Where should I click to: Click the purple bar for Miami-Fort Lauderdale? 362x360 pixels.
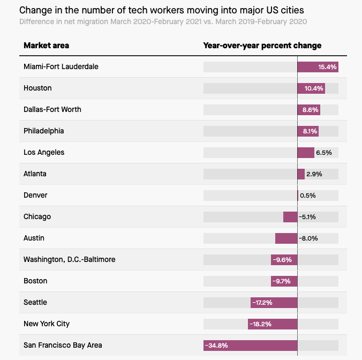click(318, 67)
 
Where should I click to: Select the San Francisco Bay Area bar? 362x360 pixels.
click(250, 346)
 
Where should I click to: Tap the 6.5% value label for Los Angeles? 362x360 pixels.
click(324, 153)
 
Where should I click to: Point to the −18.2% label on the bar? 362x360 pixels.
click(261, 324)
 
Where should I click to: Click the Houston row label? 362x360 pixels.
click(37, 88)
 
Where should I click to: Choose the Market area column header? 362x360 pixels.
click(46, 46)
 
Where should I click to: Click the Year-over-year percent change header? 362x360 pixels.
click(262, 46)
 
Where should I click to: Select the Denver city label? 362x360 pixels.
click(35, 195)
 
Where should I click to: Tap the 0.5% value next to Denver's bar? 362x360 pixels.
click(308, 196)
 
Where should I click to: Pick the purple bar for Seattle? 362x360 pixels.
click(274, 303)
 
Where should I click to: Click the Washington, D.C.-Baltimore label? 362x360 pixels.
click(69, 259)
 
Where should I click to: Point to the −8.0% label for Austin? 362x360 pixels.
click(308, 238)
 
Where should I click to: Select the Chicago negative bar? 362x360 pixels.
click(290, 217)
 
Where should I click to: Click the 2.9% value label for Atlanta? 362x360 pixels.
click(314, 174)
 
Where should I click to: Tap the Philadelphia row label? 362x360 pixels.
click(43, 131)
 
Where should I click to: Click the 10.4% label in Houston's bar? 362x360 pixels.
click(314, 88)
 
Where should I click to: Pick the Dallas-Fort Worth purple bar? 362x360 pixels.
click(309, 110)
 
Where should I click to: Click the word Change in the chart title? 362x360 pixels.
click(34, 10)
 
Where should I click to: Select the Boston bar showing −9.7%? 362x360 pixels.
click(284, 281)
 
